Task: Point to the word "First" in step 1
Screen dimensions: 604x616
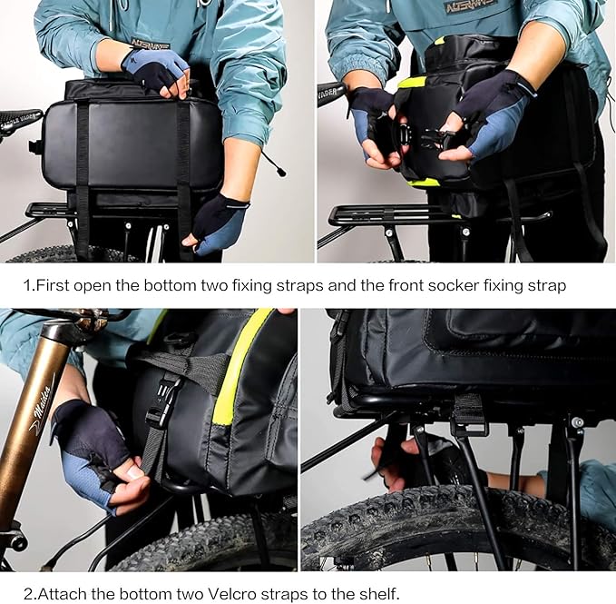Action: (54, 285)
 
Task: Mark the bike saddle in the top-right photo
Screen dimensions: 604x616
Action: (330, 92)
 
